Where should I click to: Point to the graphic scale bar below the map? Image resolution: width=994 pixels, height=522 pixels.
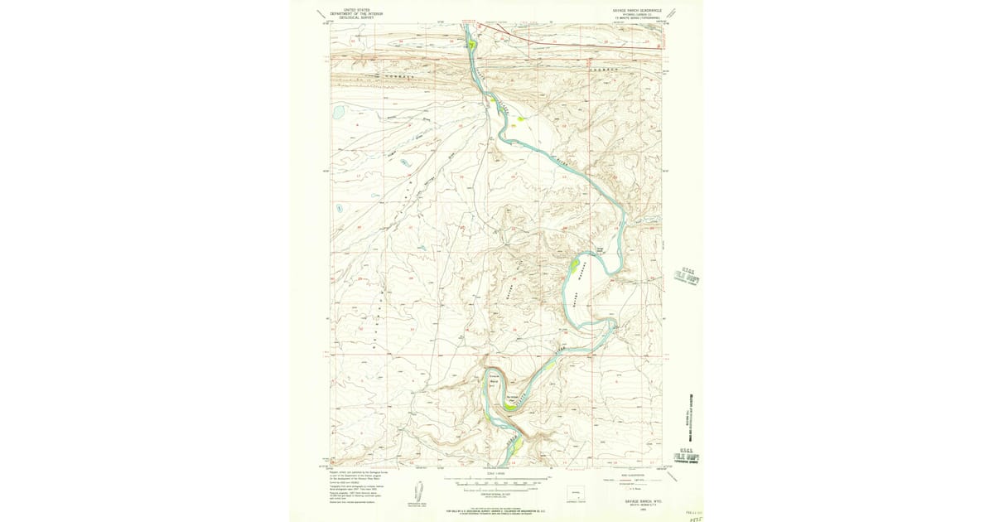tap(497, 481)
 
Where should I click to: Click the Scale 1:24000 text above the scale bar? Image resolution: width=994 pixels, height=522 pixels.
tap(497, 474)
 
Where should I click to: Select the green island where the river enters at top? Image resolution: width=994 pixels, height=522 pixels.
tap(470, 44)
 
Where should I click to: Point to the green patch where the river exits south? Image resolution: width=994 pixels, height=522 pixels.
tap(515, 447)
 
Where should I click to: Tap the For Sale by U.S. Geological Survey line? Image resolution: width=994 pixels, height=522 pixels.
tap(497, 512)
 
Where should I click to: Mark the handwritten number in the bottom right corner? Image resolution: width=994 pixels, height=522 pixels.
tap(695, 515)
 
